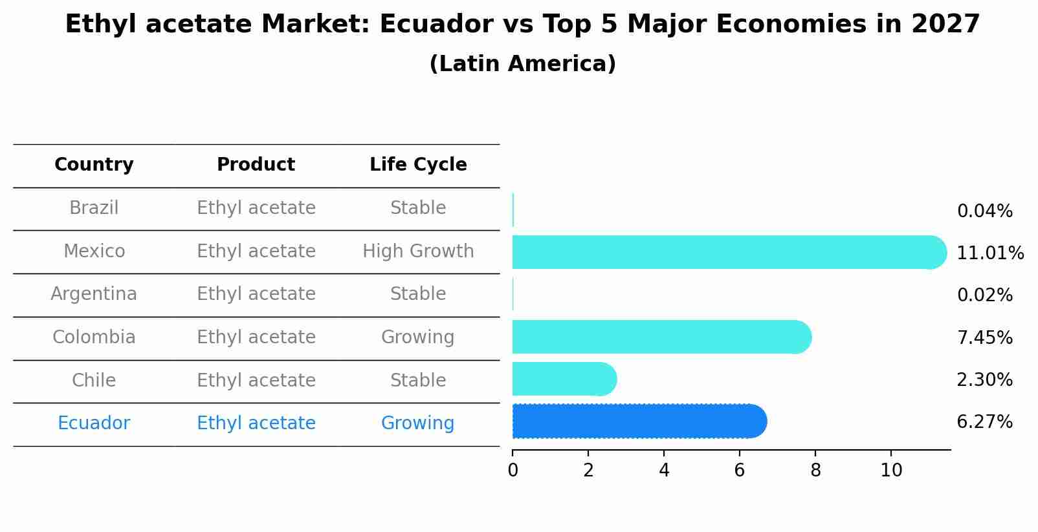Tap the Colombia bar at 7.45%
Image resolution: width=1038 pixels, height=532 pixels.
point(661,337)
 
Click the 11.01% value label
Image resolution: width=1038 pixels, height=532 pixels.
point(989,253)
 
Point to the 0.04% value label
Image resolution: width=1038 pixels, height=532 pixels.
point(984,211)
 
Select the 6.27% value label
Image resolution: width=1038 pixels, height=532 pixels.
point(984,422)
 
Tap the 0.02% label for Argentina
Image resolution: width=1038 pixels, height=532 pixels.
point(984,295)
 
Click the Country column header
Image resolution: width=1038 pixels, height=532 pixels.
point(94,165)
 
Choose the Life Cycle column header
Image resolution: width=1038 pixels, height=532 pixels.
point(418,165)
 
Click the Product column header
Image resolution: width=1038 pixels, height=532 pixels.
point(256,165)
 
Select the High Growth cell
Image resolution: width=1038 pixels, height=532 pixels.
point(418,251)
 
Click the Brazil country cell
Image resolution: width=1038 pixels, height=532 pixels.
point(94,208)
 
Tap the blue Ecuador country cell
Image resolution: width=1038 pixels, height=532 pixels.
point(94,423)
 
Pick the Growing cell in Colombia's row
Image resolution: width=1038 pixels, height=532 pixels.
point(417,337)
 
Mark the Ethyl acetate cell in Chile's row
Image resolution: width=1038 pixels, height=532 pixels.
point(256,381)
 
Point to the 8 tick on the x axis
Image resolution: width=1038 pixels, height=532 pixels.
point(815,471)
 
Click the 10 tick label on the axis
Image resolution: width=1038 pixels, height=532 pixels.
point(891,471)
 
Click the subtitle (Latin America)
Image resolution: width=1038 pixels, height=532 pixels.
point(522,64)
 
